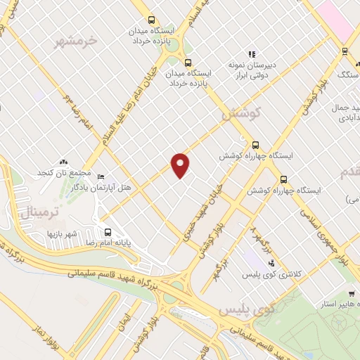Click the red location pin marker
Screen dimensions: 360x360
(x=181, y=165)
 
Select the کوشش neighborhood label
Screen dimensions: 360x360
(x=241, y=113)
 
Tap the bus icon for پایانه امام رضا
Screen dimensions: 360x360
(x=108, y=233)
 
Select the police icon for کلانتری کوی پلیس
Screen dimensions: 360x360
(x=272, y=264)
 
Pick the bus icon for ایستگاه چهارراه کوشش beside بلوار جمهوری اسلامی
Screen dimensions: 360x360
(x=283, y=179)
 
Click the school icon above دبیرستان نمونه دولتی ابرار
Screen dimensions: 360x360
(x=252, y=53)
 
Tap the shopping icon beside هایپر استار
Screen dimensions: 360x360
(x=351, y=296)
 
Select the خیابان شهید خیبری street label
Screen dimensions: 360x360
(x=199, y=213)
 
